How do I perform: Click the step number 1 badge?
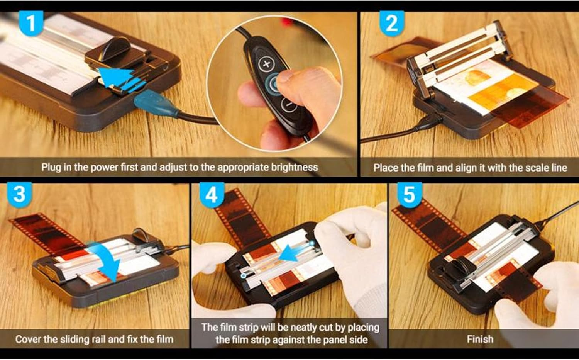tap(30, 23)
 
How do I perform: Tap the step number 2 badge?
tap(391, 23)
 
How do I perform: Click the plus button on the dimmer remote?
tap(266, 64)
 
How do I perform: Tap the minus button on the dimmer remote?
tap(288, 104)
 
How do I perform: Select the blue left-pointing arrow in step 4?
tap(293, 253)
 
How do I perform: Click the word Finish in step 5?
tap(480, 339)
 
